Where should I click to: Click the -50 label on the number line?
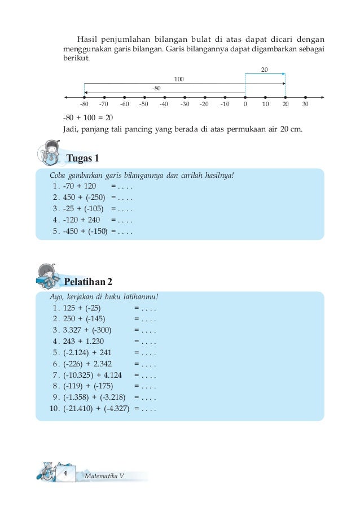pyautogui.click(x=144, y=104)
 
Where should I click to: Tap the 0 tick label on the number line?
pyautogui.click(x=245, y=104)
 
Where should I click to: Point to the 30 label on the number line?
pyautogui.click(x=305, y=104)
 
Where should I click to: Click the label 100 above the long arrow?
pyautogui.click(x=179, y=79)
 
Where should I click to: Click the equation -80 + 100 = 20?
pyautogui.click(x=88, y=117)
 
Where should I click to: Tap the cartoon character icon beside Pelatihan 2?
pyautogui.click(x=48, y=276)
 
